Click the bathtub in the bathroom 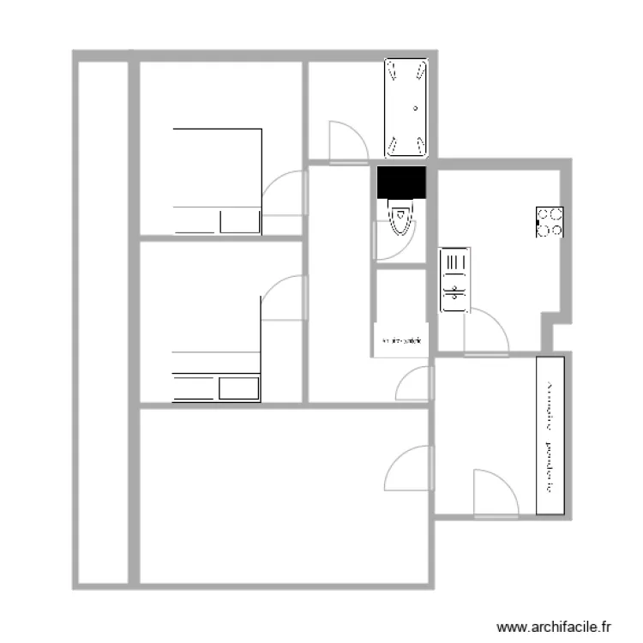(406, 109)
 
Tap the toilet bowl (400, 218)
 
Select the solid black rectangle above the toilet (401, 182)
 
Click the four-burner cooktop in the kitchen (550, 223)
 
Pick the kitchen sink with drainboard (453, 280)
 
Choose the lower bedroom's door (284, 297)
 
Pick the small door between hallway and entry (414, 384)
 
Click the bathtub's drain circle (416, 108)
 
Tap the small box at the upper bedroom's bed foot (239, 221)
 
